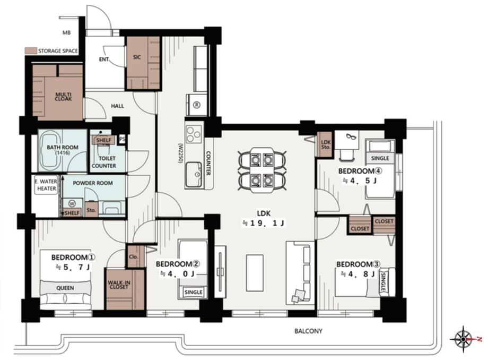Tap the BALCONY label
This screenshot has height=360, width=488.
click(308, 331)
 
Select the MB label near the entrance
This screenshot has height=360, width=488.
click(67, 32)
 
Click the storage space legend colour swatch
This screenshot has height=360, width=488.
click(31, 51)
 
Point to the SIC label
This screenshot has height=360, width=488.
click(137, 57)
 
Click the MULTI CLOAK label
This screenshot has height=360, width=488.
click(63, 97)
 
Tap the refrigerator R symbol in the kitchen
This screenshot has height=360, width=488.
click(196, 105)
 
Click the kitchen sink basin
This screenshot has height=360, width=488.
click(194, 175)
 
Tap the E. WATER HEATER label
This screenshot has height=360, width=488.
click(46, 185)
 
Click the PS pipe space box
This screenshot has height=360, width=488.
click(123, 139)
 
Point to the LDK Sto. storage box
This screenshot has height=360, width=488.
click(325, 144)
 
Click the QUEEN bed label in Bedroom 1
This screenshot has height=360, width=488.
click(65, 288)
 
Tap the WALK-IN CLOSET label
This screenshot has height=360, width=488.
click(119, 285)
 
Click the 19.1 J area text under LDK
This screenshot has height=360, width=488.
click(264, 223)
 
